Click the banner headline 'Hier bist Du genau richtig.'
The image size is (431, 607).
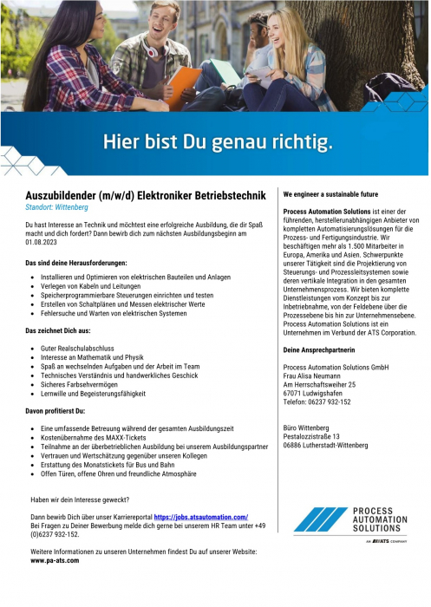click(218, 140)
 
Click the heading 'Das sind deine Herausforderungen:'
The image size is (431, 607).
click(77, 262)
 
